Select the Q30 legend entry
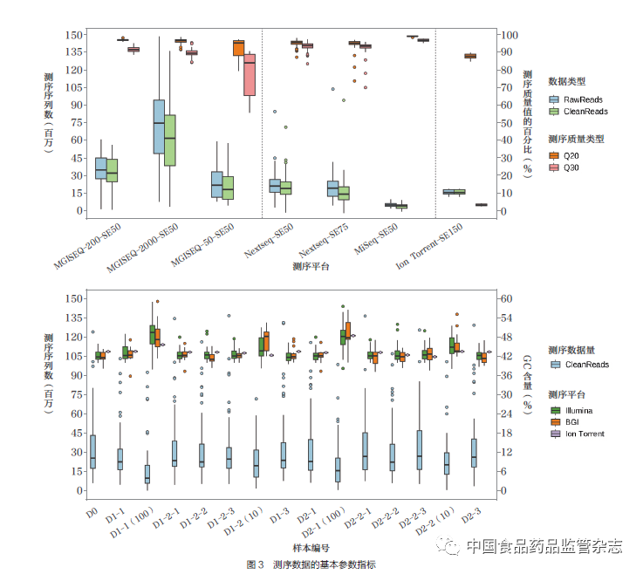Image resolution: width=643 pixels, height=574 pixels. (571, 167)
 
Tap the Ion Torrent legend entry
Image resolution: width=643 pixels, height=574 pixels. (584, 433)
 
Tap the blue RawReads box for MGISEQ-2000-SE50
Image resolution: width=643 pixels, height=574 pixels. (159, 126)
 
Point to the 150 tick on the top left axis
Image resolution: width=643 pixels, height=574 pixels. (74, 35)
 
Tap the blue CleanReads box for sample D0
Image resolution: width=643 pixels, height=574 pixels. (92, 451)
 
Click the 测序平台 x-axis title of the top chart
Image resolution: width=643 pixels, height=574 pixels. (311, 265)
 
